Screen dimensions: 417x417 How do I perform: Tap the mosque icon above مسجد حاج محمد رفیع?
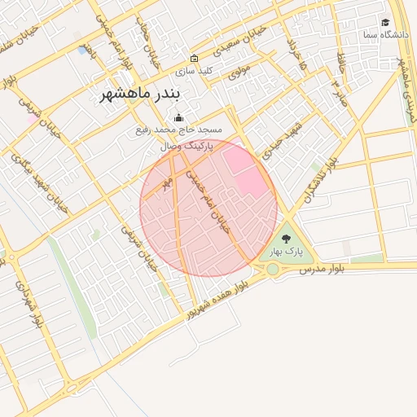pyautogui.click(x=179, y=118)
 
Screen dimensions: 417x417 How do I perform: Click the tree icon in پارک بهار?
pyautogui.click(x=286, y=239)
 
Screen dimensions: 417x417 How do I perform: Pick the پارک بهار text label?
pyautogui.click(x=286, y=252)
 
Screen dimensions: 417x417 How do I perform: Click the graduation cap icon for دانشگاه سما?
pyautogui.click(x=385, y=22)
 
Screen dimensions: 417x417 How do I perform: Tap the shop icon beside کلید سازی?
pyautogui.click(x=194, y=59)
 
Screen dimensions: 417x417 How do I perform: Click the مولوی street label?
pyautogui.click(x=236, y=72)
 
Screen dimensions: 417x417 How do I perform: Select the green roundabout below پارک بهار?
pyautogui.click(x=272, y=269)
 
